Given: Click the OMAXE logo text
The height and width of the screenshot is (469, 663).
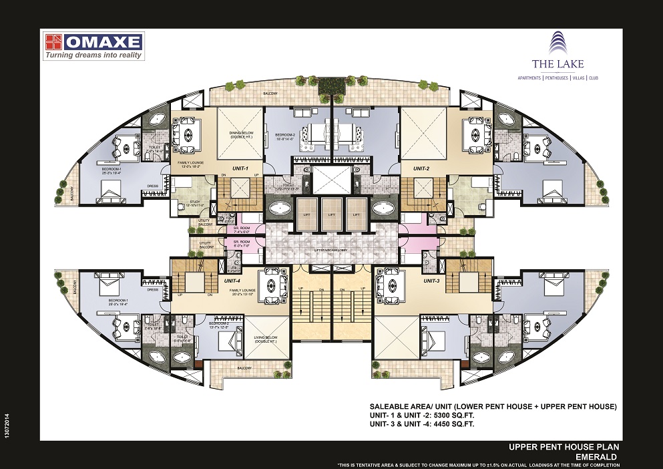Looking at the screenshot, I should (x=103, y=42).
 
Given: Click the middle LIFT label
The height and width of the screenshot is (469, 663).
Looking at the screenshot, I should (x=330, y=216).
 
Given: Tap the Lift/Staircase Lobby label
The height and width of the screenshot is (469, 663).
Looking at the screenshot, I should (x=330, y=248).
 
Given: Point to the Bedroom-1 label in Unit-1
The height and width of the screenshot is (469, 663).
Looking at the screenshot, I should (x=112, y=170).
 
